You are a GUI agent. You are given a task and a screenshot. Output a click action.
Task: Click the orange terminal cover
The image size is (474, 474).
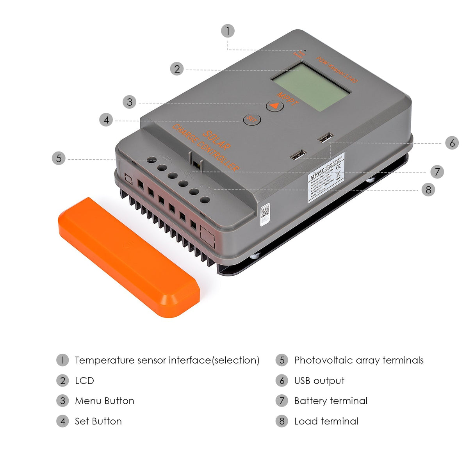129,258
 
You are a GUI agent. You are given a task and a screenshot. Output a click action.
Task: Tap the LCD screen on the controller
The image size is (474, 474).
311,88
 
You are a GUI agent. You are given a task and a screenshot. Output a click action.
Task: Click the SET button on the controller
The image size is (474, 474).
252,119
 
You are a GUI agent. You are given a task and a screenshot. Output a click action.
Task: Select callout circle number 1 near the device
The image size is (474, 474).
228,31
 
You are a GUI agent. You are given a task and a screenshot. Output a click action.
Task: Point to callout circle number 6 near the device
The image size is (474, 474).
452,143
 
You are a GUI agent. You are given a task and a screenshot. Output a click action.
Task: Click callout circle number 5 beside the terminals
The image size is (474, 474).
59,158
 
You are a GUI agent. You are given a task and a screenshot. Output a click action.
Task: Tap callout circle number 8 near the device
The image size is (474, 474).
428,190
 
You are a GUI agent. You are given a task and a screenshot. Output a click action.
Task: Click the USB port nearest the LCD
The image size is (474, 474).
326,138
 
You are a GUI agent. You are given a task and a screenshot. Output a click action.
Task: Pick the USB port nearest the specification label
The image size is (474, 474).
298,155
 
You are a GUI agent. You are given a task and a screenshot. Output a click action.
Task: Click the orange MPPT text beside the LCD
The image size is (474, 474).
287,99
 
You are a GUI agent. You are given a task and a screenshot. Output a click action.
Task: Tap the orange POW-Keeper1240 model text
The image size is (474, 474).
337,69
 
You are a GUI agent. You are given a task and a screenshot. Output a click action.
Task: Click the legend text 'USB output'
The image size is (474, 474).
319,381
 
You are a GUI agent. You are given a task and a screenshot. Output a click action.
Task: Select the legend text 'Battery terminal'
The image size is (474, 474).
330,401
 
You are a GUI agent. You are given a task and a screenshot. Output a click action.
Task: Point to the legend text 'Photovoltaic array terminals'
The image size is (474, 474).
358,360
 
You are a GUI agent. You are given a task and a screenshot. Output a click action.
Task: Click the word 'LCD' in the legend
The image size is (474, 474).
84,381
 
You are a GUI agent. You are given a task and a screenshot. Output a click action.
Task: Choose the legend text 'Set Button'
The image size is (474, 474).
98,421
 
